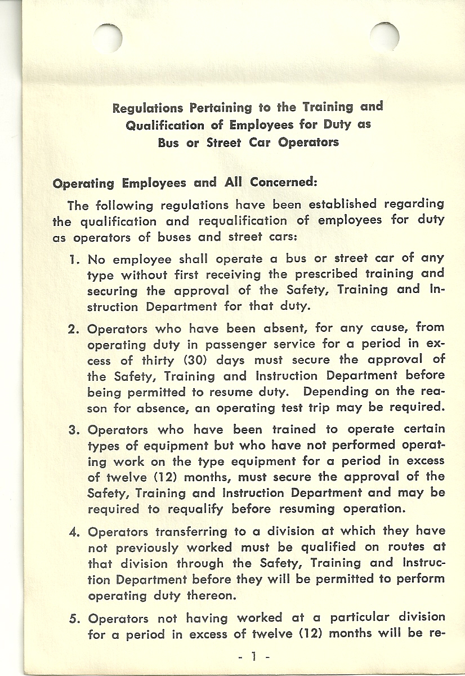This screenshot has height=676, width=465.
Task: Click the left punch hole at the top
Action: (108, 37)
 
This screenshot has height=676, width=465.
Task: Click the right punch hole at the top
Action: (385, 37)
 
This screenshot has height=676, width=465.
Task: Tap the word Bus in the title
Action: (168, 143)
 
